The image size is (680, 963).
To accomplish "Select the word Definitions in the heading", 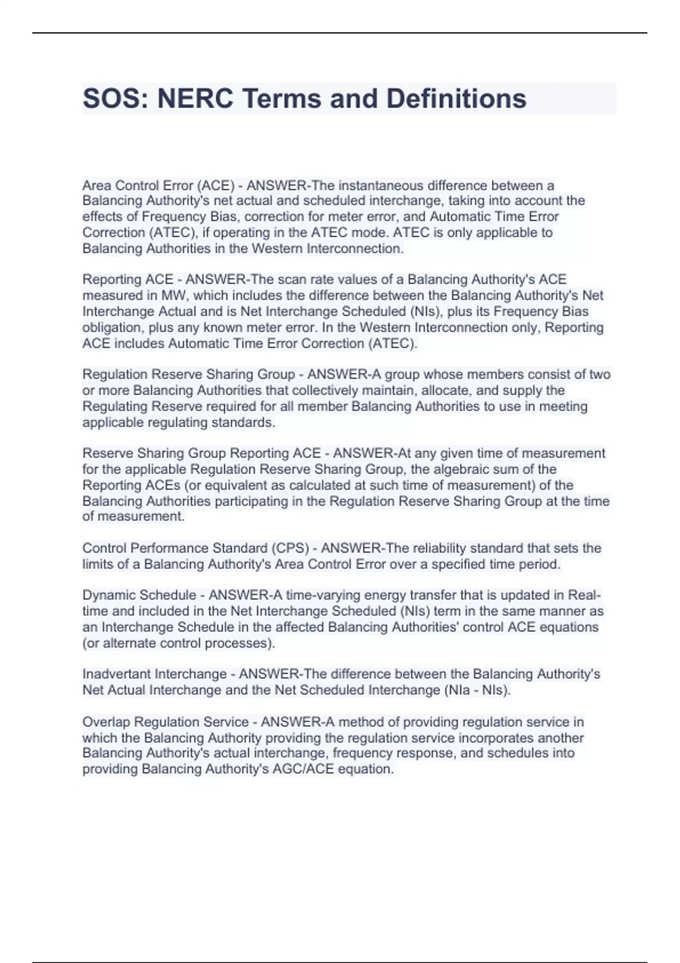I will pos(456,99).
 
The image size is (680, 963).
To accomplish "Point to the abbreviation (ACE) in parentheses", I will pos(216,185).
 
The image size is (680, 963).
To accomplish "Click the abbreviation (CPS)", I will pos(291,548).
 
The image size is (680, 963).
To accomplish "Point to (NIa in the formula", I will pos(456,690).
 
